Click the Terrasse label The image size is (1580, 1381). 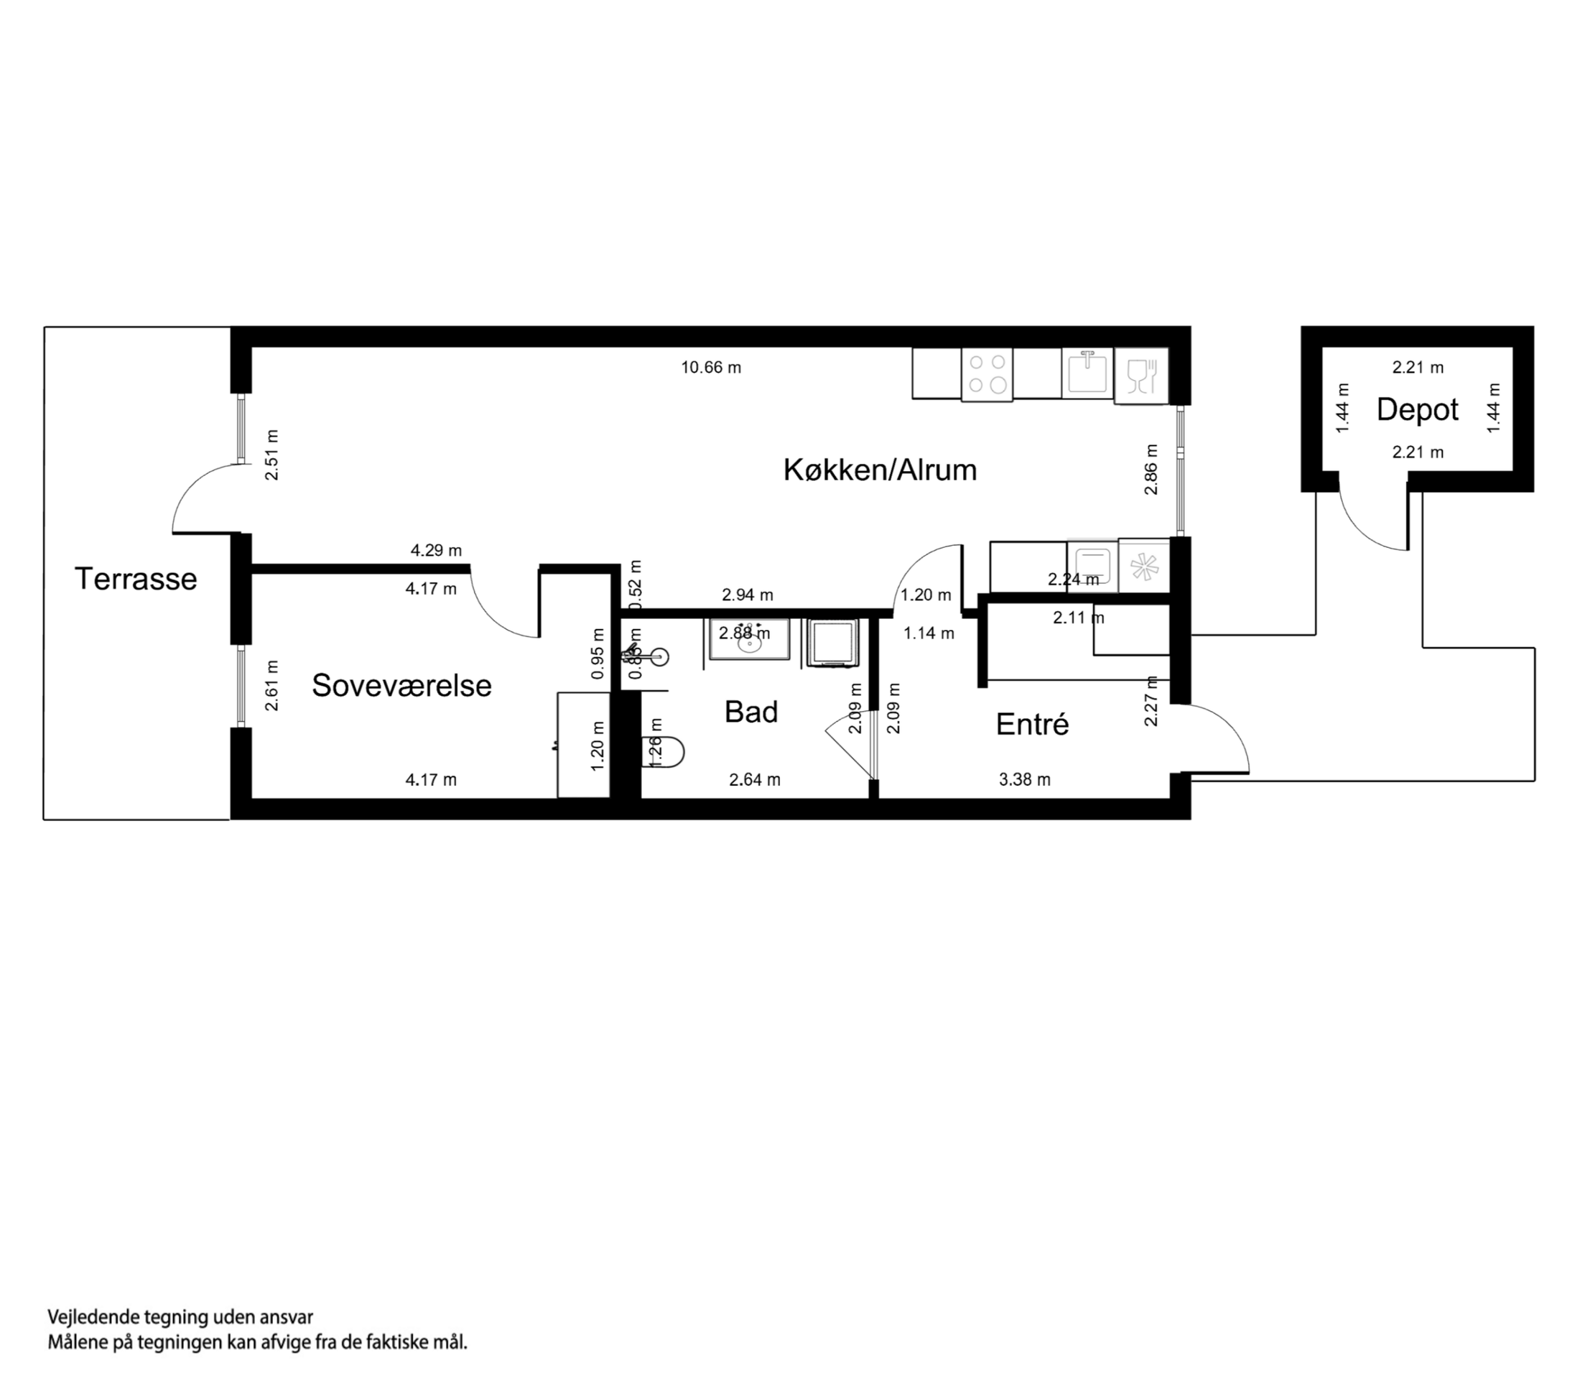[136, 579]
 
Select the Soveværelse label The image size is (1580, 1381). [401, 685]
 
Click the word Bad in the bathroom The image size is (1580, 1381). [750, 712]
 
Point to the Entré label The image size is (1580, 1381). [1032, 725]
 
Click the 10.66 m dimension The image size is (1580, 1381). [710, 368]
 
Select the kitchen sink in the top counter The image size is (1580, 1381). [1087, 373]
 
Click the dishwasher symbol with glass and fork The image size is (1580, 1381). [1141, 375]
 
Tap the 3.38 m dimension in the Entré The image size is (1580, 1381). [1024, 780]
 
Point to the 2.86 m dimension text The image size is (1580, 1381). [1151, 470]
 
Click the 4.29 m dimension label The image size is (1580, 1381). [435, 550]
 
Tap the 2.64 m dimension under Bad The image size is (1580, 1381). [755, 780]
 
